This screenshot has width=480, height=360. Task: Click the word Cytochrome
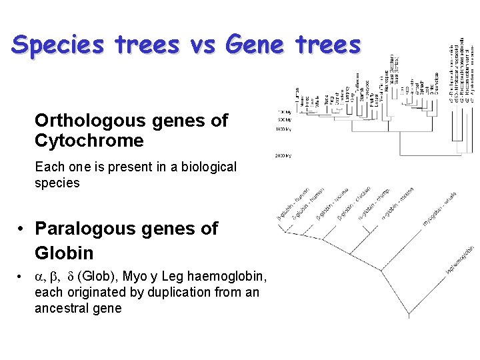coord(89,141)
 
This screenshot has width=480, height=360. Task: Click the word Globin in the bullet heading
coord(64,253)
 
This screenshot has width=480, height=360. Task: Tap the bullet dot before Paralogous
coord(22,229)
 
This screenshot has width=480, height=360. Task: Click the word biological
coord(205,167)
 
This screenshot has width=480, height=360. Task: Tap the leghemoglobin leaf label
coord(459,259)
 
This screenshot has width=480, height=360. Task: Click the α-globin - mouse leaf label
coord(397,203)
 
